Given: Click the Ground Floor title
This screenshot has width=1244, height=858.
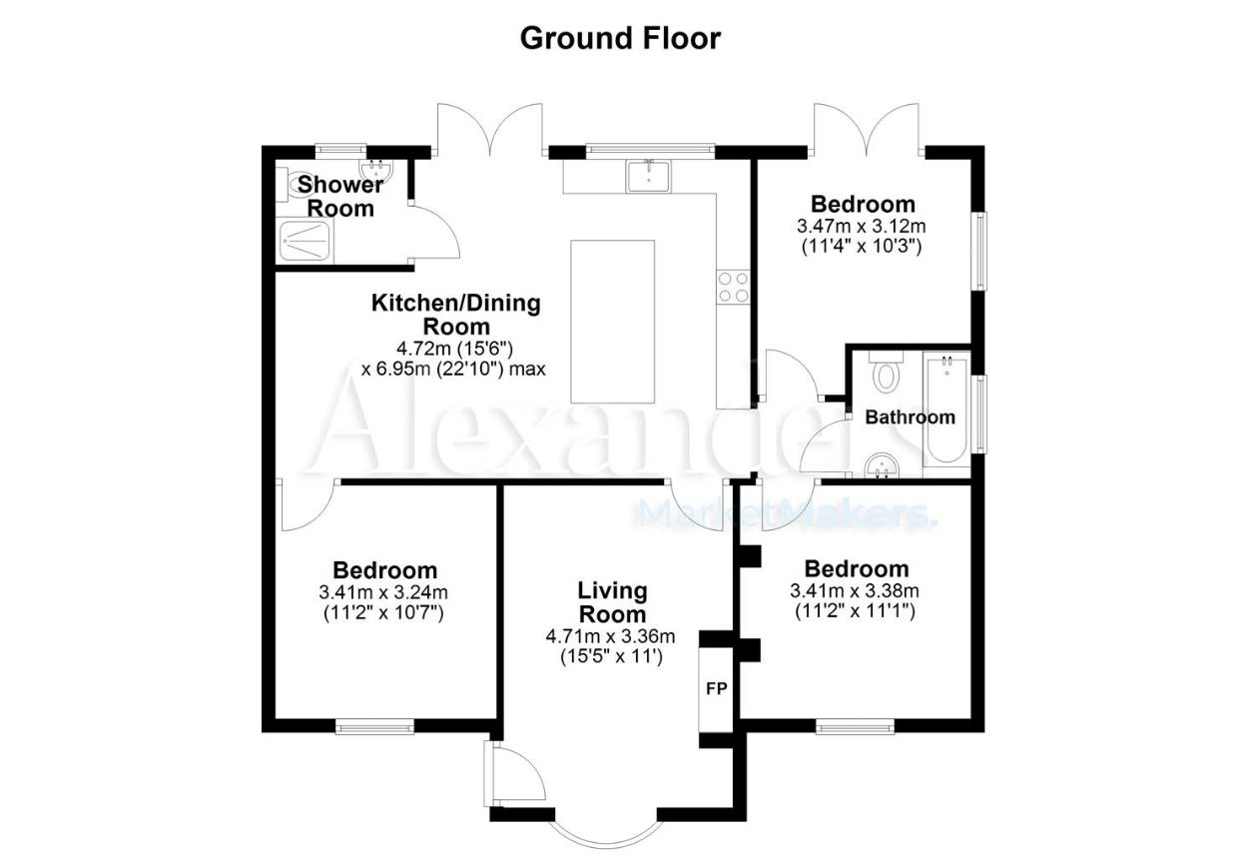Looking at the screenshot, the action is [x=620, y=39].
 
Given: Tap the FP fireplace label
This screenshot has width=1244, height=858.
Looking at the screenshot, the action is [x=717, y=689].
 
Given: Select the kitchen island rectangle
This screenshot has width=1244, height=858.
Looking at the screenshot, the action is [x=613, y=322].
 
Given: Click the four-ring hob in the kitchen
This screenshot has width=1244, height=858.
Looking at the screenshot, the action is [x=733, y=287].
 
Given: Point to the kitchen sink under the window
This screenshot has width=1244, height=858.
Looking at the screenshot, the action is [x=648, y=175].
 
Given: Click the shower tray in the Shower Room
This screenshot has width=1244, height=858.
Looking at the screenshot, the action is [x=305, y=241].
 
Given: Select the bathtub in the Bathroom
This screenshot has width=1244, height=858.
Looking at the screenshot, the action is [x=946, y=411].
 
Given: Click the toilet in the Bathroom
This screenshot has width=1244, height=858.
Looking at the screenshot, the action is [x=887, y=372].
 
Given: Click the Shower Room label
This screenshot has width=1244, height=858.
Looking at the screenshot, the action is [x=339, y=196].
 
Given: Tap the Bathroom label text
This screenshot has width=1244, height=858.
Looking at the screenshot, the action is [x=911, y=417].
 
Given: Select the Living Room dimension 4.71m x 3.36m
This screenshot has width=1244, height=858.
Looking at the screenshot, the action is [x=610, y=636].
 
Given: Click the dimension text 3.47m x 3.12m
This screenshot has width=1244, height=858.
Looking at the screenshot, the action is [x=862, y=226].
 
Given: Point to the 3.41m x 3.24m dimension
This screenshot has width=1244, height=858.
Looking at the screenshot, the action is [x=383, y=592].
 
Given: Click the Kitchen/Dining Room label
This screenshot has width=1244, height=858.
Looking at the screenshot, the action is [x=456, y=315].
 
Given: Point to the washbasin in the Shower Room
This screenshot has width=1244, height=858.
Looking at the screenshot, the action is [x=377, y=170].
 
